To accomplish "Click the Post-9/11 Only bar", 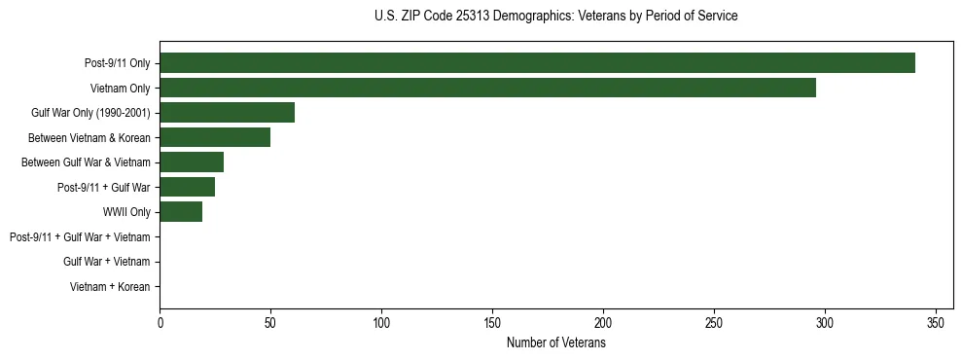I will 537,63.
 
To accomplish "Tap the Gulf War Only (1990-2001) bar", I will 227,113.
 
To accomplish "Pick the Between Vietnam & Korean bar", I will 215,137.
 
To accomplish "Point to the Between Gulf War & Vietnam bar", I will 192,162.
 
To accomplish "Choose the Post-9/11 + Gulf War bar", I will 187,187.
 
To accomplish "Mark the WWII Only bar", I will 181,212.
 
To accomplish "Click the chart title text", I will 555,17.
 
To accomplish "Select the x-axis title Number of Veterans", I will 555,343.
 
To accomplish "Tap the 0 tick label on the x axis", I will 160,323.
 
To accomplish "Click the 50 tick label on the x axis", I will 270,323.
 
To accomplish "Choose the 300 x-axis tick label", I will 825,323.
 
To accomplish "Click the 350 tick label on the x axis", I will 936,323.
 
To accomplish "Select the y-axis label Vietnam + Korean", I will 110,287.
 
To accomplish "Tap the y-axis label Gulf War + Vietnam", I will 106,262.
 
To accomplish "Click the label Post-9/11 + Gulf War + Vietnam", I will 80,237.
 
